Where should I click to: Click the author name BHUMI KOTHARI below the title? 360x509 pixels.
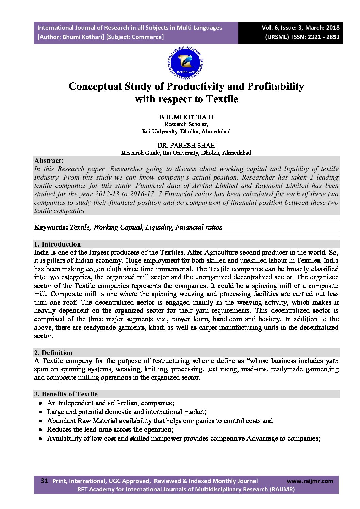(186, 117)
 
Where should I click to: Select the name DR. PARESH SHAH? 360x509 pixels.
(186, 146)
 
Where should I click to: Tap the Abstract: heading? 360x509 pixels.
(49, 160)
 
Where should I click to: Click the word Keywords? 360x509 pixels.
(51, 227)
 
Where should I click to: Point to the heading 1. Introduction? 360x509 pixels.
(58, 244)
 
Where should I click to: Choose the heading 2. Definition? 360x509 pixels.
(53, 353)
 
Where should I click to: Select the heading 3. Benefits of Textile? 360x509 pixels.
(66, 394)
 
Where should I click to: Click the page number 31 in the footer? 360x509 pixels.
(44, 481)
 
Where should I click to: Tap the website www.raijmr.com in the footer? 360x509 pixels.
(310, 481)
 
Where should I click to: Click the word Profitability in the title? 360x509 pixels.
(275, 86)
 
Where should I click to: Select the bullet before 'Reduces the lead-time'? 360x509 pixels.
(40, 430)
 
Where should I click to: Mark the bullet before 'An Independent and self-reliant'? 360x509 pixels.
(40, 403)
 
